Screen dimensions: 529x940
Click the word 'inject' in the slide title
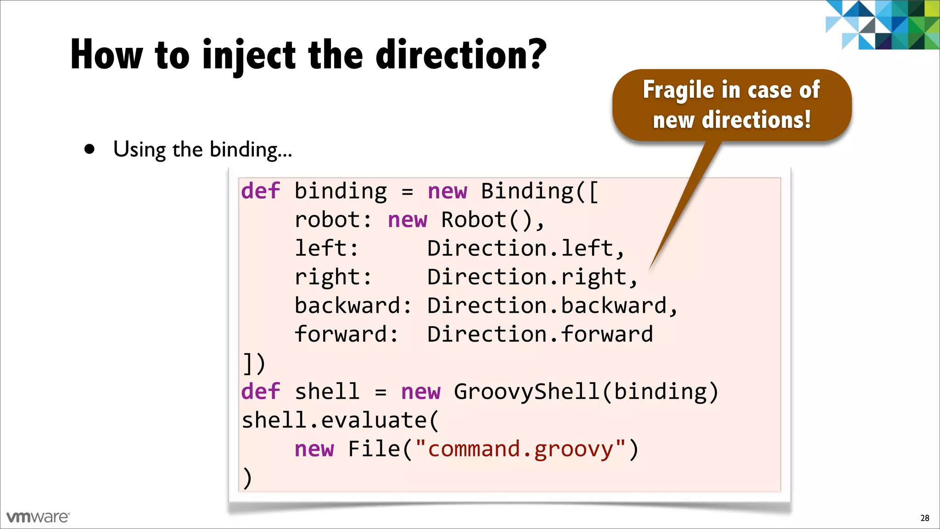pyautogui.click(x=249, y=56)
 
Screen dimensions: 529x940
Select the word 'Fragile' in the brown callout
pyautogui.click(x=678, y=90)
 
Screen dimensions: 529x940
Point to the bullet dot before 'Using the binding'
pyautogui.click(x=90, y=149)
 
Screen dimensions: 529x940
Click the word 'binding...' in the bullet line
pyautogui.click(x=251, y=150)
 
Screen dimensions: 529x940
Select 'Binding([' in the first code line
pyautogui.click(x=540, y=191)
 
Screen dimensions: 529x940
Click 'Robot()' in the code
pyautogui.click(x=487, y=220)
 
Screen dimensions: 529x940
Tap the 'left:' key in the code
pyautogui.click(x=326, y=248)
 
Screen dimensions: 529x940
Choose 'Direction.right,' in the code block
pyautogui.click(x=532, y=277)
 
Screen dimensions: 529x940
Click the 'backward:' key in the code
pyautogui.click(x=353, y=306)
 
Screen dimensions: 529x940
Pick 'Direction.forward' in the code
pyautogui.click(x=540, y=334)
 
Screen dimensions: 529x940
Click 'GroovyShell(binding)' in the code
pyautogui.click(x=586, y=392)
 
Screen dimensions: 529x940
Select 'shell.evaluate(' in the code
pyautogui.click(x=340, y=420)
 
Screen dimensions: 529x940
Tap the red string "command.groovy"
pyautogui.click(x=520, y=449)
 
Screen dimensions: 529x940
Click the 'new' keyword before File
pyautogui.click(x=314, y=449)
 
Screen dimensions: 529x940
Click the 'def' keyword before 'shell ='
pyautogui.click(x=260, y=392)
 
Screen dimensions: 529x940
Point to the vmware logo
pyautogui.click(x=38, y=517)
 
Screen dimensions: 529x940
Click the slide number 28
pyautogui.click(x=924, y=518)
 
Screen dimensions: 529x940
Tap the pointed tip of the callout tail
pyautogui.click(x=650, y=269)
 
